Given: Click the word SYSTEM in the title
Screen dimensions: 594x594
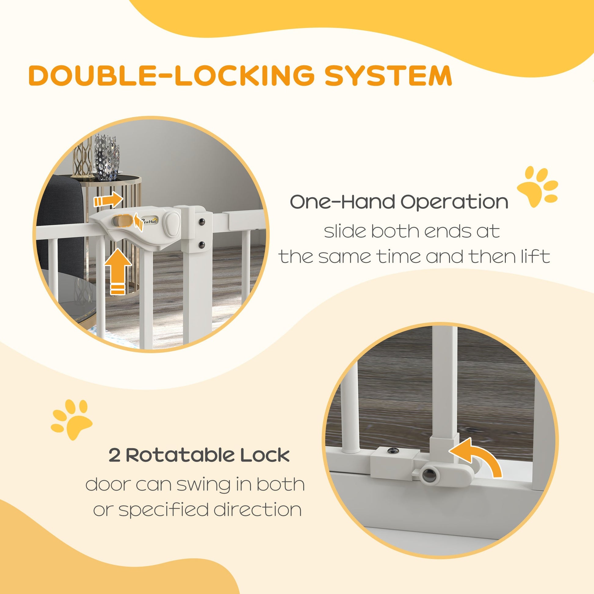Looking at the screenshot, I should click(x=388, y=75).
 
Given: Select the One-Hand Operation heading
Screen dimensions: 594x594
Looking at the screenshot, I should click(x=399, y=202).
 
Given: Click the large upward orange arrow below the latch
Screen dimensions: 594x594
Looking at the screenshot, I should click(x=118, y=270).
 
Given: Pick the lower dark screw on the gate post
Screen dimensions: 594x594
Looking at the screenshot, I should click(x=202, y=244).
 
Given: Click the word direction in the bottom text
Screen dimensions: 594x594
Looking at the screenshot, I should click(x=257, y=510).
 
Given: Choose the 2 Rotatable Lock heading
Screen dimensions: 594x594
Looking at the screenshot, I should click(x=199, y=455).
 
